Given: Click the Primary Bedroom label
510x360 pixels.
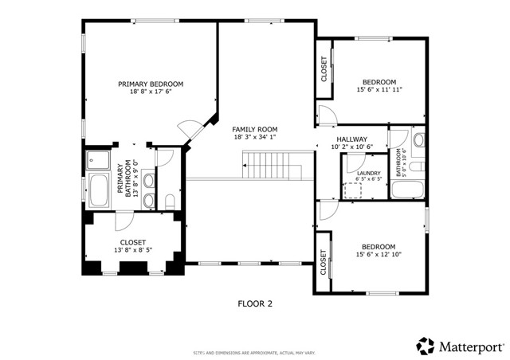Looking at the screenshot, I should pyautogui.click(x=151, y=84).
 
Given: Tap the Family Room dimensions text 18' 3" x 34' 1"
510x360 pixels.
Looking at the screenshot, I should pyautogui.click(x=254, y=137).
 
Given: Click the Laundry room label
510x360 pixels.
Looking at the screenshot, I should pyautogui.click(x=368, y=173).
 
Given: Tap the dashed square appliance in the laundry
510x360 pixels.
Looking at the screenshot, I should pyautogui.click(x=351, y=190).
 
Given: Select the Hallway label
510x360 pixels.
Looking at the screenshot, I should pyautogui.click(x=351, y=139).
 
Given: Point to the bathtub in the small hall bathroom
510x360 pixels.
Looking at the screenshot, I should pyautogui.click(x=407, y=189).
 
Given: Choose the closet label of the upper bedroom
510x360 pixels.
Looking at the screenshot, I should pyautogui.click(x=324, y=69).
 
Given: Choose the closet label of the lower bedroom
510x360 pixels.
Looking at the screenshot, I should pyautogui.click(x=324, y=263).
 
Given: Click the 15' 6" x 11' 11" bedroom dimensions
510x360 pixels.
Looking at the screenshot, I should pyautogui.click(x=379, y=89).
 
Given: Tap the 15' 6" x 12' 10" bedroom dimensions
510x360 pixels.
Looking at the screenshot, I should pyautogui.click(x=379, y=255).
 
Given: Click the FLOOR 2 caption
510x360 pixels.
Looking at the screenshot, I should pyautogui.click(x=255, y=303).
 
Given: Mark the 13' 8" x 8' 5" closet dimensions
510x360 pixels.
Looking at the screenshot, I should pyautogui.click(x=132, y=250).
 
